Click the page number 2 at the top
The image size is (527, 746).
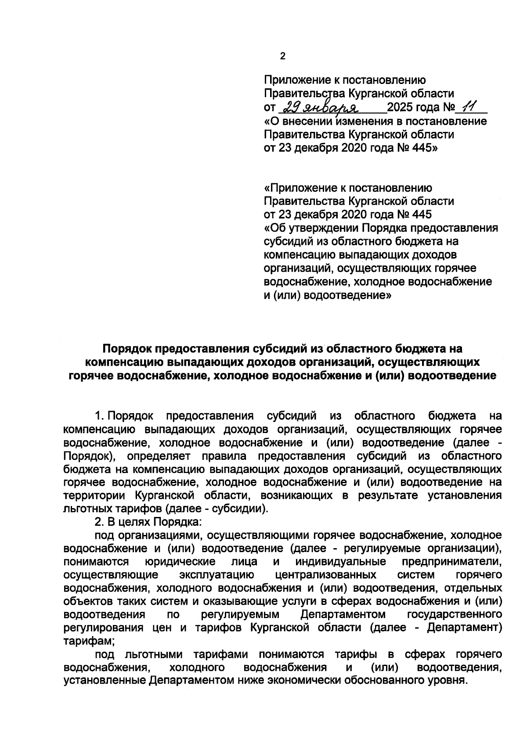pyautogui.click(x=282, y=56)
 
